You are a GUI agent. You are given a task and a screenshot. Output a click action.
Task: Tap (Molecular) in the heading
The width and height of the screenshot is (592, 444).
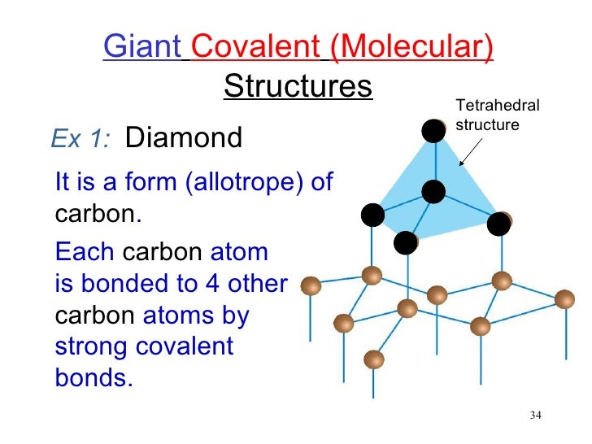pos(411,48)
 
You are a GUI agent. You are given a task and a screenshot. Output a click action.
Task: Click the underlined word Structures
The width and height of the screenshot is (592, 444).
pos(298,85)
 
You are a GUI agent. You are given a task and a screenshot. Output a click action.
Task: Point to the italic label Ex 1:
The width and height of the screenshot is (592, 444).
pos(80,139)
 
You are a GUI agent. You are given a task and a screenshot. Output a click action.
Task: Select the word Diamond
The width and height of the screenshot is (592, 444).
pos(185,138)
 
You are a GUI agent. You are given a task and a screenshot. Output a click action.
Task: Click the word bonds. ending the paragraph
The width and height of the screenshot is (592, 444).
pos(94,379)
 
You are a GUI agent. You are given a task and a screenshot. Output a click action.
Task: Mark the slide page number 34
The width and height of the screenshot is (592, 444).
pos(535,416)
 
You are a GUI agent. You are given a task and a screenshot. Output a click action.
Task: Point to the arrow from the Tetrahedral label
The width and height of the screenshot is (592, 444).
pos(472,150)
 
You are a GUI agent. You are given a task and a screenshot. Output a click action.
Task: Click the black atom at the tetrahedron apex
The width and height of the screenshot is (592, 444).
pos(434,130)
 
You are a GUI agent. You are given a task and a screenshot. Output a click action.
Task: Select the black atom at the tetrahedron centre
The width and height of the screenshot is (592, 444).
pos(433,192)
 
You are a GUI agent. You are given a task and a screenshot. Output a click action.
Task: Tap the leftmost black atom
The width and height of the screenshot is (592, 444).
pos(372,215)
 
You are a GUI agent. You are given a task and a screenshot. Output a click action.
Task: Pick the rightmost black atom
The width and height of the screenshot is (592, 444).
pos(498,223)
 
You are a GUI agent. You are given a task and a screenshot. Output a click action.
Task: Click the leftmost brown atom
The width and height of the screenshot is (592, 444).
pos(311,285)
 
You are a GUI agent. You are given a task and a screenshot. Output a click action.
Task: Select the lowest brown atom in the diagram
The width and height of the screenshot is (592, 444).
pos(373,359)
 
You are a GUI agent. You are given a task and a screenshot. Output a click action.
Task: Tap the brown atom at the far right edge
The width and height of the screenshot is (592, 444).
pos(564,299)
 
